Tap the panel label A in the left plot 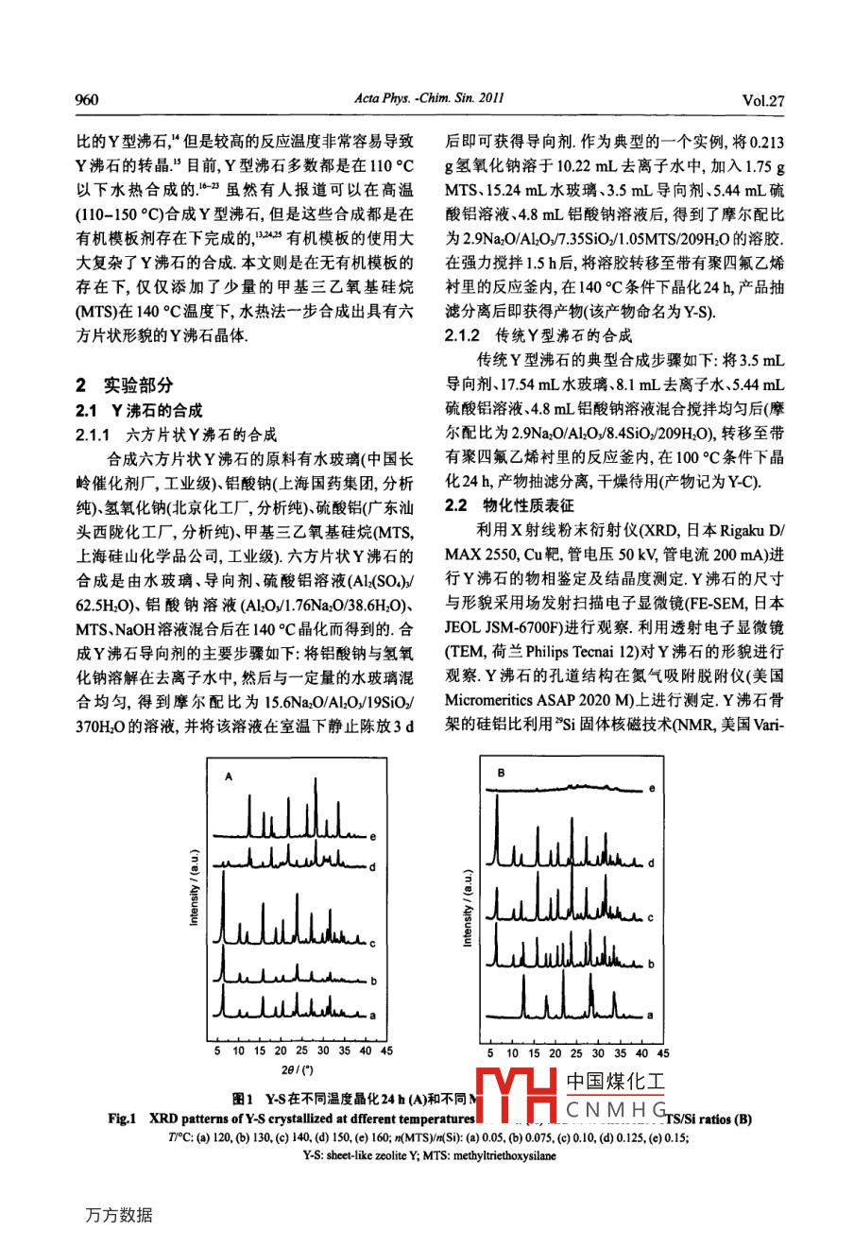click(x=229, y=776)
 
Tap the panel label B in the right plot click(x=501, y=773)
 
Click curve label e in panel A click(x=373, y=837)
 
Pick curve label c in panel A click(x=374, y=943)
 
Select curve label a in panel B click(x=650, y=1015)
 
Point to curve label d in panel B click(x=651, y=863)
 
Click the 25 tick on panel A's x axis click(x=301, y=1051)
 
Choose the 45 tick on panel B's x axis click(x=663, y=1052)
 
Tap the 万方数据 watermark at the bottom click(x=118, y=1216)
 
